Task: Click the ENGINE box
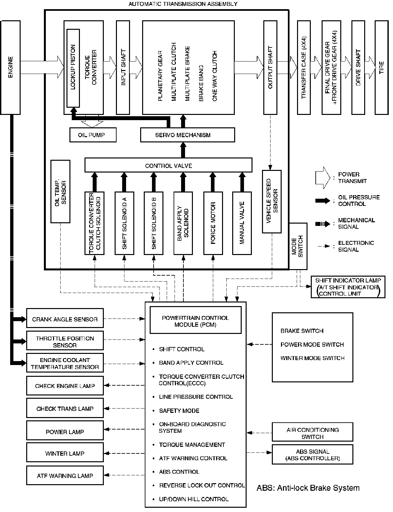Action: (10, 67)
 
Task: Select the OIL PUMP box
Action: (93, 135)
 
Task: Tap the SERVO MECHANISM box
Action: (187, 135)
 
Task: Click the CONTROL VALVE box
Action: (168, 165)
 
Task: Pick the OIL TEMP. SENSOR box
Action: (61, 192)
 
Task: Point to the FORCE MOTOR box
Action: (213, 223)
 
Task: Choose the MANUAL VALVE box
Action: (242, 223)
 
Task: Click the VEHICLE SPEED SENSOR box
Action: (272, 201)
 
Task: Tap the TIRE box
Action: (381, 67)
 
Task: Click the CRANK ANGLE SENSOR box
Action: (65, 318)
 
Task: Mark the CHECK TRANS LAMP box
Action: (65, 408)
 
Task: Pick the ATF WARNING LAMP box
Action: (65, 476)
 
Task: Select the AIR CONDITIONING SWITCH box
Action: (312, 433)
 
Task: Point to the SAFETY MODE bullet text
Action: (179, 411)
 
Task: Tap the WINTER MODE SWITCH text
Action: (312, 358)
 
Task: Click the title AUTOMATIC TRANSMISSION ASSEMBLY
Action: (183, 4)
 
